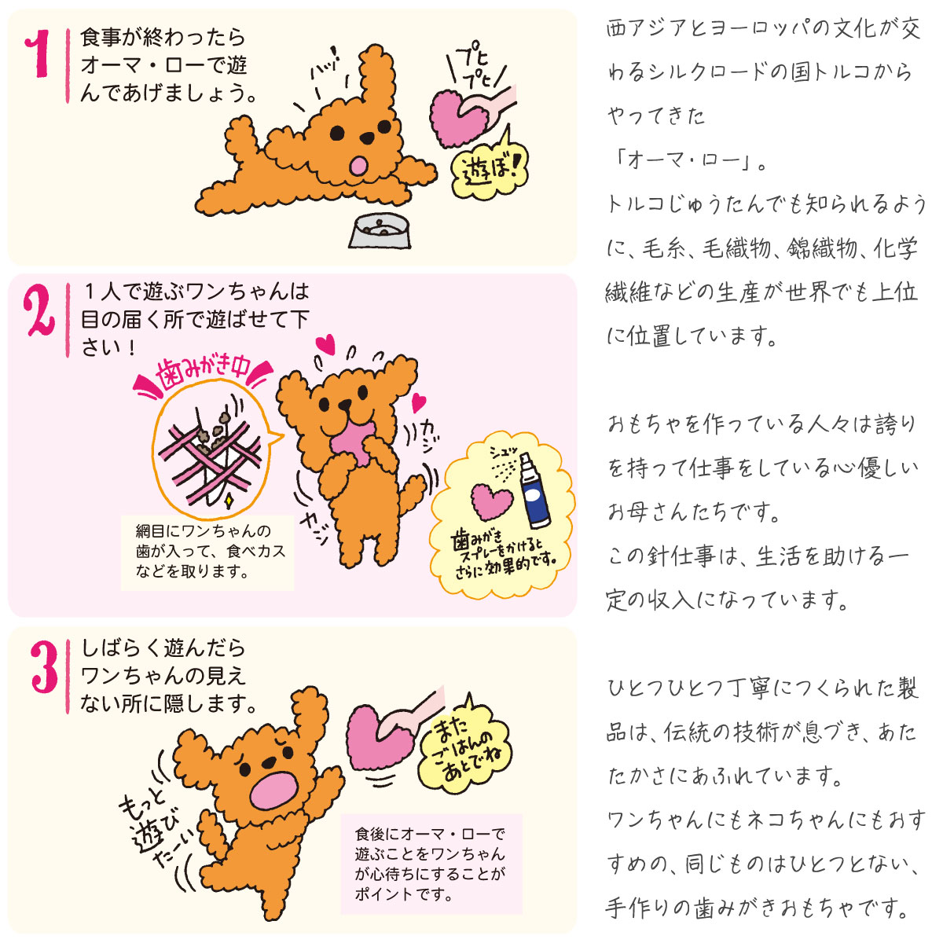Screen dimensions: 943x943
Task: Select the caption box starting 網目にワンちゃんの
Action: (x=207, y=551)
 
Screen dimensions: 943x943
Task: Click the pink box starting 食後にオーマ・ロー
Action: (x=431, y=863)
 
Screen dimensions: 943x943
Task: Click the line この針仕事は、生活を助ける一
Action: (x=758, y=557)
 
